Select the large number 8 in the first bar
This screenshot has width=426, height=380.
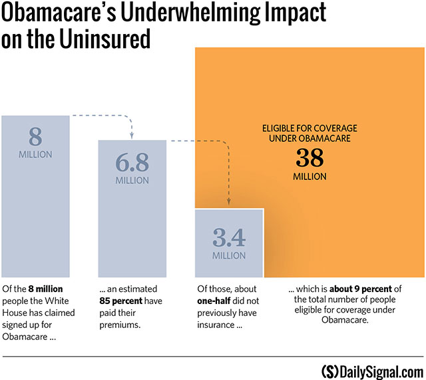point(35,137)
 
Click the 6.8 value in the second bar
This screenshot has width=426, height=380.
point(132,163)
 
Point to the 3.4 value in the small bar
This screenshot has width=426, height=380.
point(229,237)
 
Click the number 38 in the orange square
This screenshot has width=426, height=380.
point(310,158)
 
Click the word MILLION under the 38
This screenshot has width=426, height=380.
point(310,177)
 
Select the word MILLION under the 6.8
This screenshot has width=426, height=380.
point(132,181)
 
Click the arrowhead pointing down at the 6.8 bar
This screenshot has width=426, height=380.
point(132,138)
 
